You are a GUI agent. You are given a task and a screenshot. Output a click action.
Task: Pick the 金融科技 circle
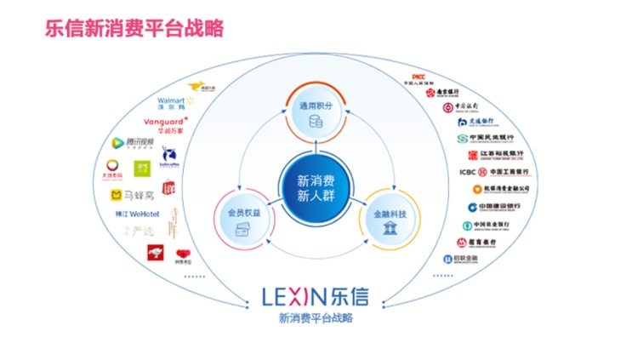click(392, 220)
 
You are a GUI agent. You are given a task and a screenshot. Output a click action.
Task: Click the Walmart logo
click(177, 104)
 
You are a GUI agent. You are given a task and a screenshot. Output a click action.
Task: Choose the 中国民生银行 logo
click(487, 138)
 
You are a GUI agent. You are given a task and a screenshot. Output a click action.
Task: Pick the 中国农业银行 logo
click(490, 226)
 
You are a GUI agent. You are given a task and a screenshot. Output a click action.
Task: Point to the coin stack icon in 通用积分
click(316, 121)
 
